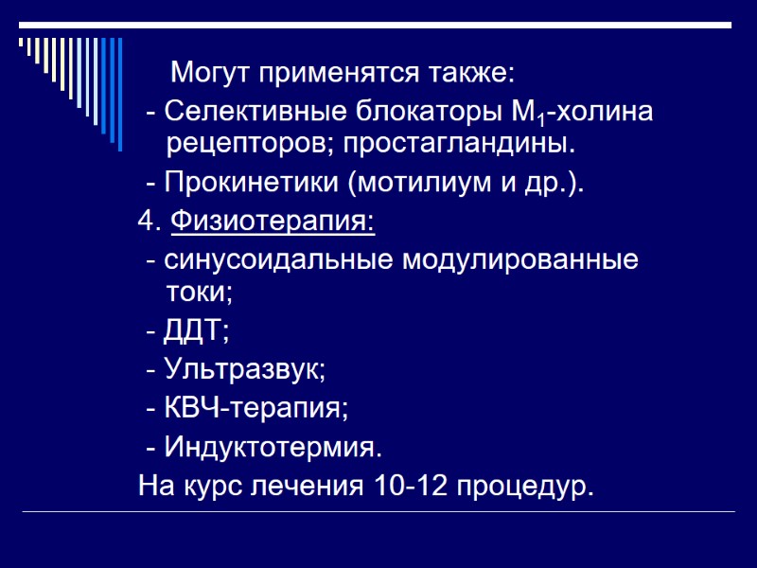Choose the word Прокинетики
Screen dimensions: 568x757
tap(253, 183)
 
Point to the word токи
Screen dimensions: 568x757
tap(197, 293)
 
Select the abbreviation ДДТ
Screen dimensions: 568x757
tap(195, 331)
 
